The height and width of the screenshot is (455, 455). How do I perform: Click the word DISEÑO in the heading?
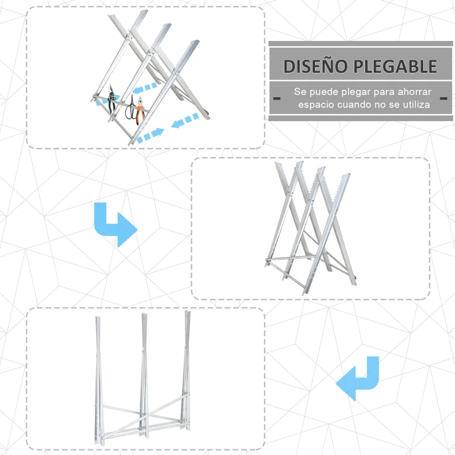(315, 66)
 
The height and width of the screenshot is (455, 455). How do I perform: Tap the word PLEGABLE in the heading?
(395, 66)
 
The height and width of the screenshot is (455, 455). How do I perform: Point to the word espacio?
(316, 105)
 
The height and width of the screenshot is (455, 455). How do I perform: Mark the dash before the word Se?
(276, 98)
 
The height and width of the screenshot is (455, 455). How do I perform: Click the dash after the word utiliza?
(443, 98)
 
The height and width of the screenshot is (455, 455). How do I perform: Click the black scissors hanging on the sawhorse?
(131, 107)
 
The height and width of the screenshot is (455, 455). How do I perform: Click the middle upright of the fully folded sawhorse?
(143, 375)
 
